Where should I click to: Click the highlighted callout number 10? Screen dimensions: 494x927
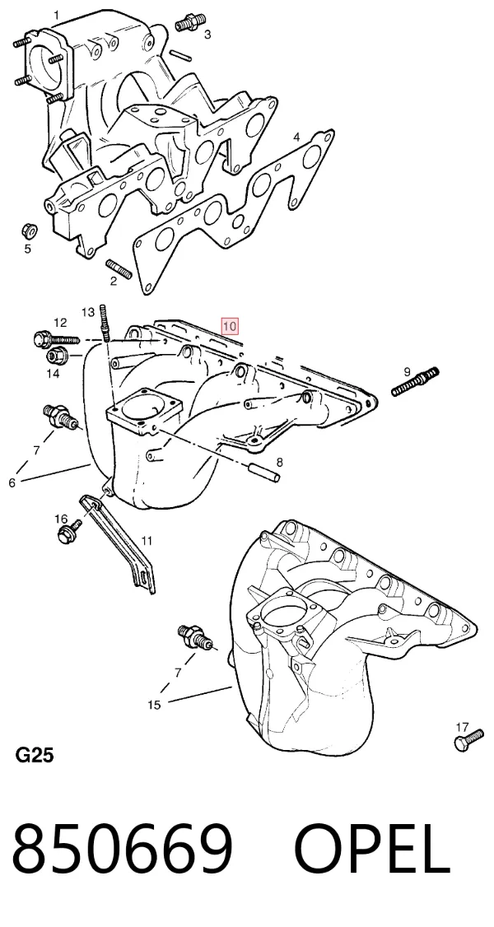tap(229, 326)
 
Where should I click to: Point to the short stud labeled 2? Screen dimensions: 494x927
tap(119, 270)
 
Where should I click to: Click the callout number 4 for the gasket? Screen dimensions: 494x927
tap(297, 137)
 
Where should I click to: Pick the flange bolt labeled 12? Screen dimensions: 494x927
tap(55, 339)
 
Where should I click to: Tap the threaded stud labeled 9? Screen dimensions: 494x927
tap(416, 382)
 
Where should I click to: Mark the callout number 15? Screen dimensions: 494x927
tap(154, 704)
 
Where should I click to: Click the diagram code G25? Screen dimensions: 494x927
tap(35, 755)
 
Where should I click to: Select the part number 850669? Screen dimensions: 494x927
tap(123, 848)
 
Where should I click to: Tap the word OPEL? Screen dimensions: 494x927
tap(372, 848)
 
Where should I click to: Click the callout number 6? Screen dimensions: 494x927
tap(12, 482)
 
